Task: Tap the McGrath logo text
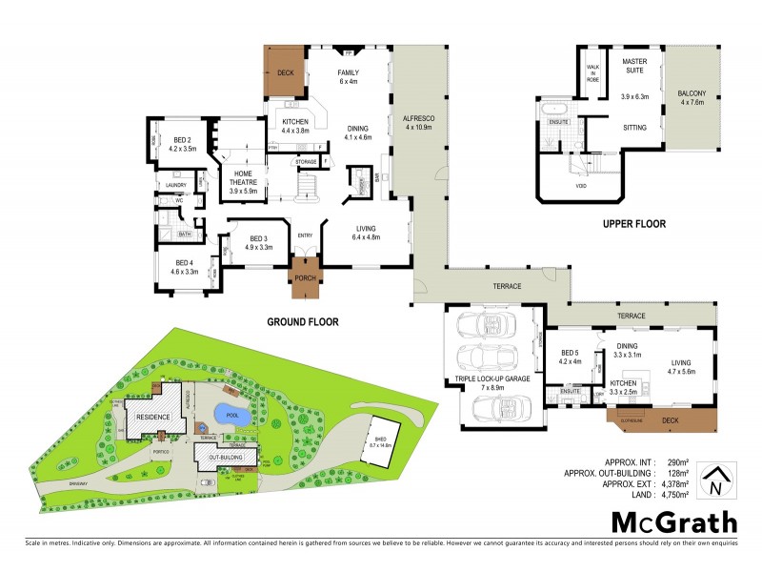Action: tap(673, 521)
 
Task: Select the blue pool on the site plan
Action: tap(232, 415)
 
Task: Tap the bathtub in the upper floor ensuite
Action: tap(553, 108)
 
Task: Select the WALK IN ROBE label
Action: tap(592, 70)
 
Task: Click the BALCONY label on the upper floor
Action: tap(692, 97)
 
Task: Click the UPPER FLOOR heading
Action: tap(632, 224)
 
